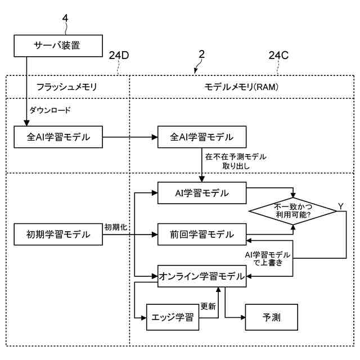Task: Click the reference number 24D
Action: coord(119,55)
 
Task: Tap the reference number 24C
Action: coord(278,55)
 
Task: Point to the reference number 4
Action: coord(65,18)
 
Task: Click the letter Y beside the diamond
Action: coord(341,206)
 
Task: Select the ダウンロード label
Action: coord(50,110)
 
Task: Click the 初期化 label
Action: coord(116,227)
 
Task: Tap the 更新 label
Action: coord(208,306)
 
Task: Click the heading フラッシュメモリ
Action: coord(66,87)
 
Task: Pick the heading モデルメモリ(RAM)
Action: coord(241,87)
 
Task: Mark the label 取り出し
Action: coord(236,166)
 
